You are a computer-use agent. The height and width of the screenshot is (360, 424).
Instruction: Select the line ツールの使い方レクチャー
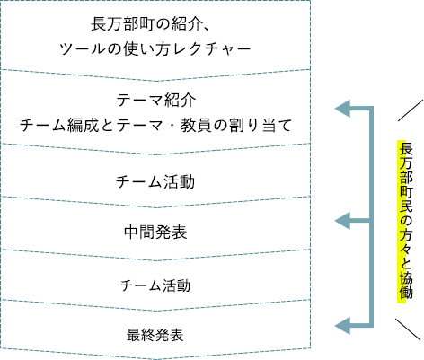[155, 49]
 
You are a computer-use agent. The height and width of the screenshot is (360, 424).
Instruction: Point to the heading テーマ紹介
[156, 101]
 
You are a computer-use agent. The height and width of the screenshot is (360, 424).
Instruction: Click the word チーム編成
[59, 125]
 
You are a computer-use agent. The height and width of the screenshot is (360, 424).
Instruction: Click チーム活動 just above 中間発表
[155, 181]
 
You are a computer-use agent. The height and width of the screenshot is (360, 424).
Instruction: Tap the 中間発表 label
[155, 232]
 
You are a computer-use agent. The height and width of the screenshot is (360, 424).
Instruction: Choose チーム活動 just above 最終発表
[155, 285]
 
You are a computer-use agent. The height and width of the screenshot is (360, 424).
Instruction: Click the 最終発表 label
[155, 335]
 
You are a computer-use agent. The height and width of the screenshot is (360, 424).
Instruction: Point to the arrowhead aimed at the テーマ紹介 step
[342, 109]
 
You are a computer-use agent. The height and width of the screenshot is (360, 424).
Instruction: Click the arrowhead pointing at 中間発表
[342, 221]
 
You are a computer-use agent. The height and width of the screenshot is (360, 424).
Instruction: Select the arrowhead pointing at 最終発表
[342, 326]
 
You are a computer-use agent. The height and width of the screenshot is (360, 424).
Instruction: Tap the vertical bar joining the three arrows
[371, 217]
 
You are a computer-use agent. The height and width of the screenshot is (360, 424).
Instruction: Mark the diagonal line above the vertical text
[411, 110]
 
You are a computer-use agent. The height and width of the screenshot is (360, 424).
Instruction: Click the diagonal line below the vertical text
[408, 329]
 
